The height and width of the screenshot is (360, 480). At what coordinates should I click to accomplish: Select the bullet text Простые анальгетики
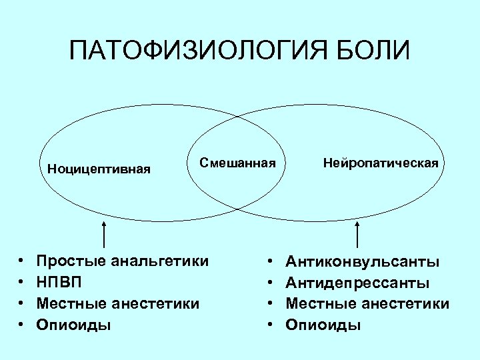click(122, 261)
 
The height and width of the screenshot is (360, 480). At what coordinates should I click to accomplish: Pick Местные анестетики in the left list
click(118, 303)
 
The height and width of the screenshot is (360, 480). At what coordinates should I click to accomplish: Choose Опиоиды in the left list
click(74, 325)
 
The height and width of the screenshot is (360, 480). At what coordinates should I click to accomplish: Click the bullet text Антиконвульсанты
click(362, 261)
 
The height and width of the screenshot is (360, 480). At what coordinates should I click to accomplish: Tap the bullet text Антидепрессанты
click(357, 282)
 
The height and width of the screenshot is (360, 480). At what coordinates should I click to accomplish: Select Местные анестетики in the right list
click(367, 303)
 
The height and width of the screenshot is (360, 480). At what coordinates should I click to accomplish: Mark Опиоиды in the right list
click(323, 325)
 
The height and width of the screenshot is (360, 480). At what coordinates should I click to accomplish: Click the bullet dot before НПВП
click(22, 283)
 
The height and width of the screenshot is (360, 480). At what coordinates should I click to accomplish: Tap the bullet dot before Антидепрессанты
click(271, 283)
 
